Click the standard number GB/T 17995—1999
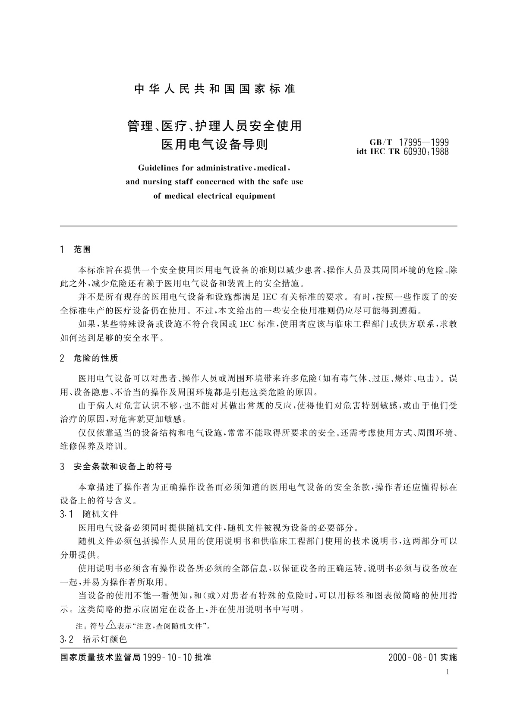point(409,142)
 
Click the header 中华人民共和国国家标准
point(214,89)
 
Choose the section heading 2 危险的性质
point(89,358)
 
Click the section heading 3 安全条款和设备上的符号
point(117,467)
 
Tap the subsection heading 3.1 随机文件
point(89,514)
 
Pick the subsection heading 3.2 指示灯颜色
point(94,639)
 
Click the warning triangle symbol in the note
point(111,625)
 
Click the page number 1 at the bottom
point(448,672)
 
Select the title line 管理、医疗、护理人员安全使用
point(214,126)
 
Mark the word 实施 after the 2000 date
point(448,657)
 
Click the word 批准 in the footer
point(203,657)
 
